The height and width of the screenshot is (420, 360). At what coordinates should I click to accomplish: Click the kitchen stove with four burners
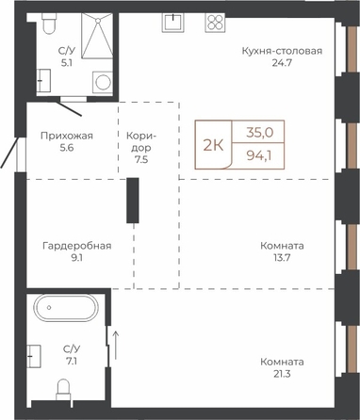215,23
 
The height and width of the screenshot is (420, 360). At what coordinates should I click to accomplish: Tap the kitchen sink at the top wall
172,23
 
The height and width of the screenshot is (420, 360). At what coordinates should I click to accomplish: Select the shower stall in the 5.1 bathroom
97,36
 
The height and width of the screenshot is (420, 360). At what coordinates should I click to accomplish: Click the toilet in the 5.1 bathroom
48,24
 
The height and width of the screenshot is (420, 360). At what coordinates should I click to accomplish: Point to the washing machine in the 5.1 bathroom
103,82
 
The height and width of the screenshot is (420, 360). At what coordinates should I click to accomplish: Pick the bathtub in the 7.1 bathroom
66,308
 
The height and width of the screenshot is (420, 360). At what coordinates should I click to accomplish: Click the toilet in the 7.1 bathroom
64,390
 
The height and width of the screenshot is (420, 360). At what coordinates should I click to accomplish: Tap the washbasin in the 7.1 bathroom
34,356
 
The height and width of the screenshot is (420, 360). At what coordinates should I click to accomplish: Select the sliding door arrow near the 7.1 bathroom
116,345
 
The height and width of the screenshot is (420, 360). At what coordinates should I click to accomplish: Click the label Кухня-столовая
282,51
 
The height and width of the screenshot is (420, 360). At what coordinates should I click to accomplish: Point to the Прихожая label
67,136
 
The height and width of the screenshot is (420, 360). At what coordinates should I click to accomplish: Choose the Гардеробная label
77,246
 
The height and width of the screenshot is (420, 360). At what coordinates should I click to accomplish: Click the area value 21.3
282,374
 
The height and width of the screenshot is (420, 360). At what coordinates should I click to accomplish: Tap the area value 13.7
282,258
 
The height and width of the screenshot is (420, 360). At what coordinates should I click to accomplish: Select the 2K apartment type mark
213,145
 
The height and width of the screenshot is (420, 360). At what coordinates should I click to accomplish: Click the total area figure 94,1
259,155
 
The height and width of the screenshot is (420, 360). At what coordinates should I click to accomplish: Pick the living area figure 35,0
259,133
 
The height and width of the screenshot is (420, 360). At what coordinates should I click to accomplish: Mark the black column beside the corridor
133,201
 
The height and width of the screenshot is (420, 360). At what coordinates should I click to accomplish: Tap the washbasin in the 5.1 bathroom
43,80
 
